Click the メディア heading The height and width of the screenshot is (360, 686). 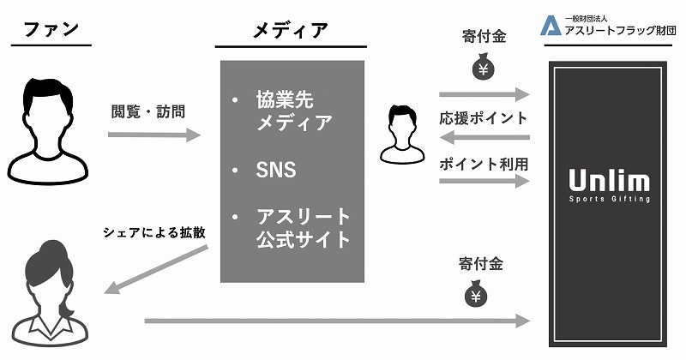click(292, 30)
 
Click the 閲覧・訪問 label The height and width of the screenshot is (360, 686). click(148, 111)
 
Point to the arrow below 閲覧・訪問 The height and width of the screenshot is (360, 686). click(153, 135)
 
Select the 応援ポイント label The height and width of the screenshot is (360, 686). click(484, 117)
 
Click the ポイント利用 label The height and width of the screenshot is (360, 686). click(484, 163)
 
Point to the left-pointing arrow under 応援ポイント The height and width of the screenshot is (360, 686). click(484, 137)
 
